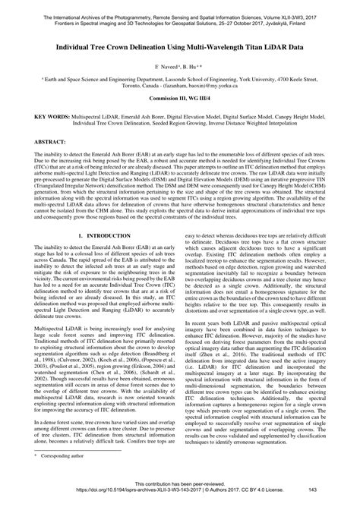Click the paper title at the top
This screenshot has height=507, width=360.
click(x=180, y=46)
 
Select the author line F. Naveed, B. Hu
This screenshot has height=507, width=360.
click(x=180, y=67)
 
